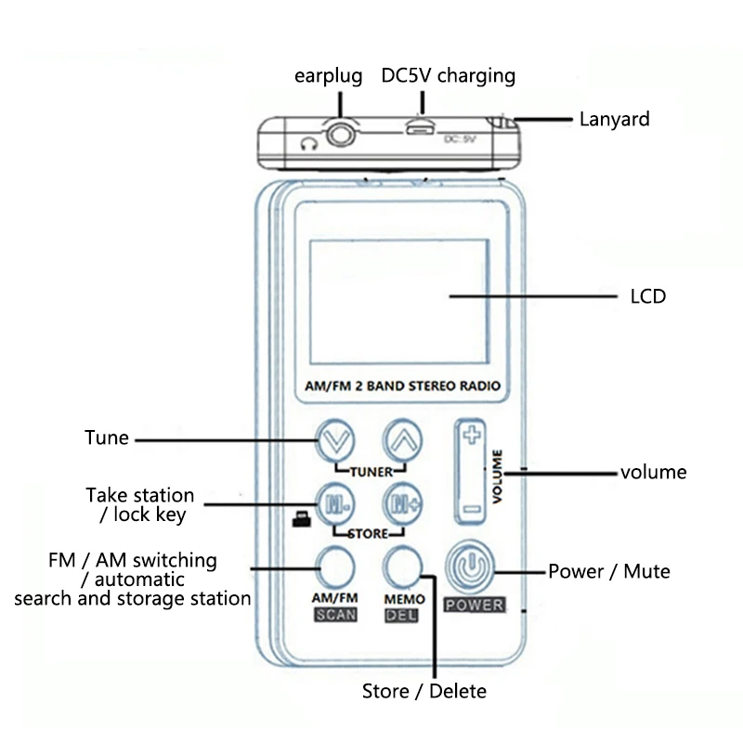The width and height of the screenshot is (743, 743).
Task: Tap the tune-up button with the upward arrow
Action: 399,439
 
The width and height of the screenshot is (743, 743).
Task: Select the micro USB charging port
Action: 417,128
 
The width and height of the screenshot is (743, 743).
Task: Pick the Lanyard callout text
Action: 614,119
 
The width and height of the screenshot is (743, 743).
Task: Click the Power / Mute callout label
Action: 608,571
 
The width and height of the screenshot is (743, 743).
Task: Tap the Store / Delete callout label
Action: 424,691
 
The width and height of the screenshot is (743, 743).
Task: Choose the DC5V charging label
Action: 448,75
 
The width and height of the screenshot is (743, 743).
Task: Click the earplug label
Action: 328,75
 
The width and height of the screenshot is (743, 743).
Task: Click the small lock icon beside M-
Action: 300,521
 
